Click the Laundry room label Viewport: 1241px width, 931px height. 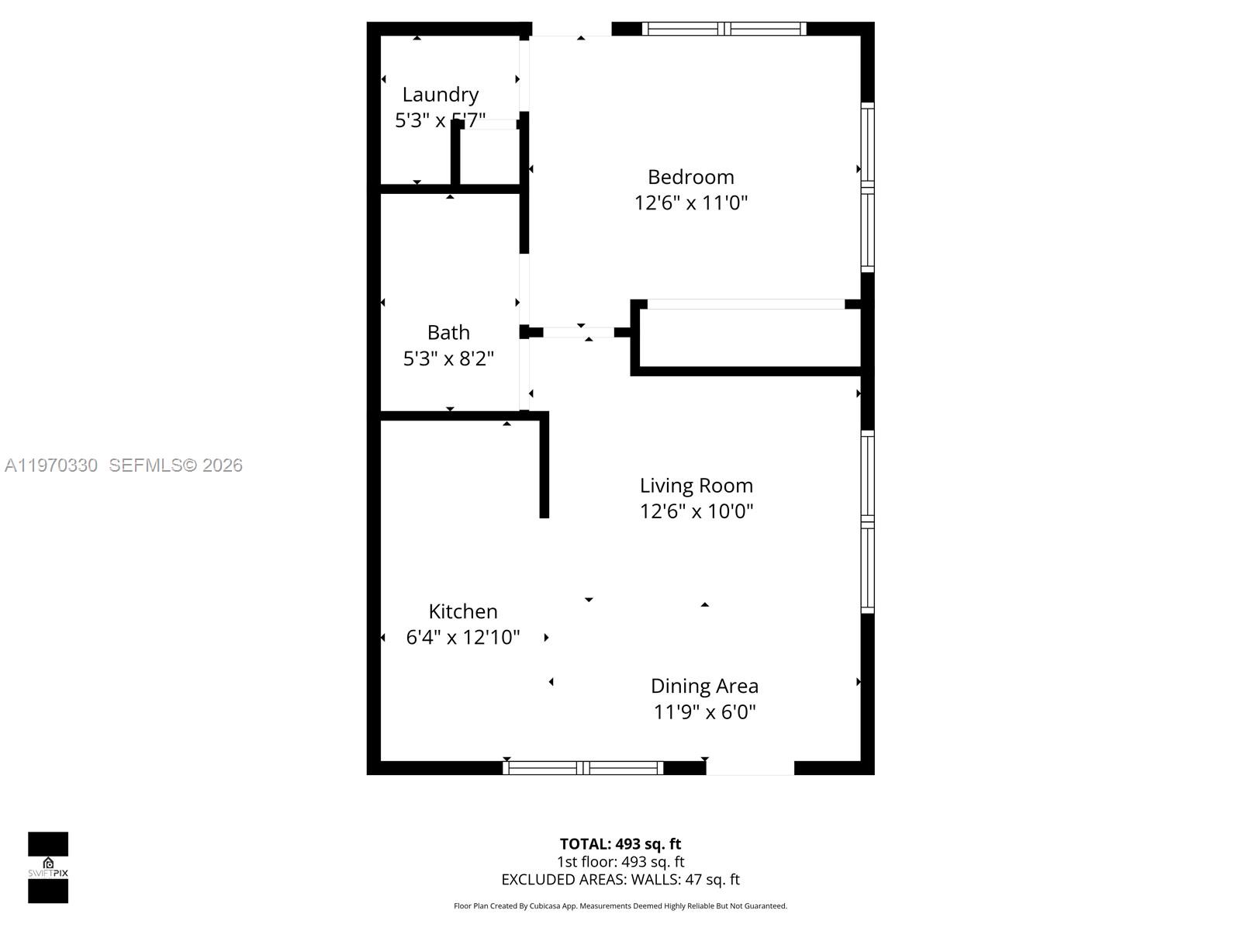tap(440, 95)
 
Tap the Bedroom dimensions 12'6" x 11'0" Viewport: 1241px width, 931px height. tap(690, 203)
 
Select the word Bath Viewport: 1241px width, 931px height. tap(448, 333)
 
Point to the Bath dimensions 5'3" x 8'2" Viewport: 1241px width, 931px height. tap(448, 358)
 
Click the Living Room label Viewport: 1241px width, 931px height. tap(696, 486)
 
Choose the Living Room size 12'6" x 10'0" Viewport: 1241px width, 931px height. tap(696, 511)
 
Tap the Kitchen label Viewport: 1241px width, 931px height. tap(463, 611)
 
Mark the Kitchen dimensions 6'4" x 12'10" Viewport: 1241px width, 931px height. tap(463, 638)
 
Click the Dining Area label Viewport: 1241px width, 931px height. tap(703, 686)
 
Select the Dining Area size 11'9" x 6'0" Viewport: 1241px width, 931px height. tap(703, 712)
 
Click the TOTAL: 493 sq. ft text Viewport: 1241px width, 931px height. tap(620, 844)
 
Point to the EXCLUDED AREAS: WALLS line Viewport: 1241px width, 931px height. tap(620, 880)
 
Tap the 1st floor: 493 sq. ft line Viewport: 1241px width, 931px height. tap(620, 862)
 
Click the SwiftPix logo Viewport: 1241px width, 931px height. tap(48, 867)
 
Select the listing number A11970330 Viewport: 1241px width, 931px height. tap(51, 465)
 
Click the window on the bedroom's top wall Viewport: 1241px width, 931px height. tap(724, 29)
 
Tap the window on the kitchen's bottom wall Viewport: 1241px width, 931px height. tap(582, 768)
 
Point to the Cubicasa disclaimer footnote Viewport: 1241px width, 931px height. tap(620, 906)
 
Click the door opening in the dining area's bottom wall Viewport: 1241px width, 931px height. tap(749, 768)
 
